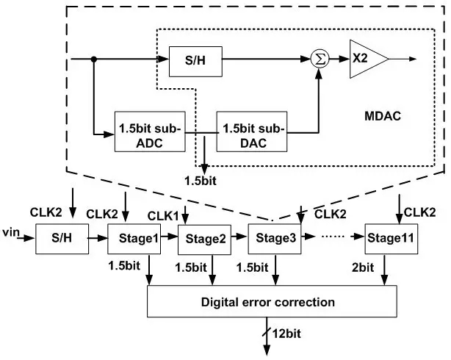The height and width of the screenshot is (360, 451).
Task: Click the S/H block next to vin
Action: point(61,239)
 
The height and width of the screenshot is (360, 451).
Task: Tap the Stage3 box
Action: point(273,239)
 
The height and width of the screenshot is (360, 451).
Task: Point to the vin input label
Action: point(12,233)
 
